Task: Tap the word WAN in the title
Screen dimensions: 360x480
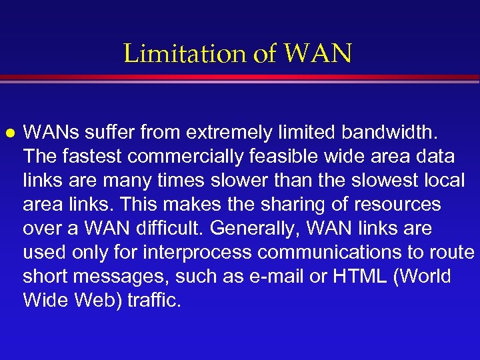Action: coord(318,54)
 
